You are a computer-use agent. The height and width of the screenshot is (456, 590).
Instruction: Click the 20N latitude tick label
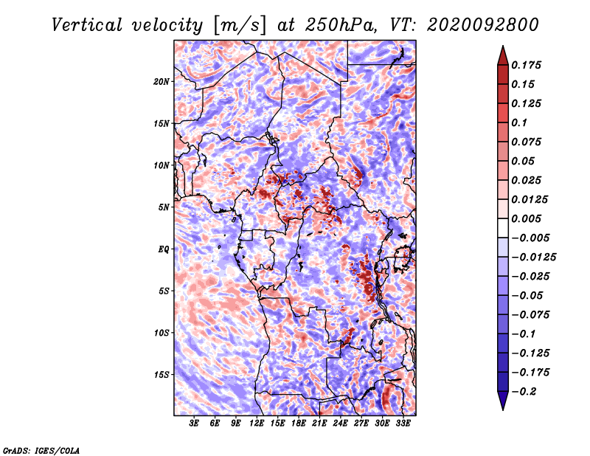click(x=162, y=82)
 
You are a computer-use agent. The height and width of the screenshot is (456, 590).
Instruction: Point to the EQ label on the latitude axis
click(x=163, y=249)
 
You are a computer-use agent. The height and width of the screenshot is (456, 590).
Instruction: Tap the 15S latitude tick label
click(x=162, y=375)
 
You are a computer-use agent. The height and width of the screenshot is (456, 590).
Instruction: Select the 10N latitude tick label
click(x=162, y=165)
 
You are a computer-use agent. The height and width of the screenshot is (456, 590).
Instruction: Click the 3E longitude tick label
click(x=194, y=424)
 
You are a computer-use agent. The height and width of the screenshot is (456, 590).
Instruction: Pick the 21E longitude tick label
click(x=319, y=424)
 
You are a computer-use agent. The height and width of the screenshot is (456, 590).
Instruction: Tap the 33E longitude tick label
click(x=403, y=424)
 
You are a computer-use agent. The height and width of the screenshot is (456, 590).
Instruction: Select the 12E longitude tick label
click(x=257, y=424)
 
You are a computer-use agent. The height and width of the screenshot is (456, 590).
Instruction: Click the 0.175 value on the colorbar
click(x=526, y=65)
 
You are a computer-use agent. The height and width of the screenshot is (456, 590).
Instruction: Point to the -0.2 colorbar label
click(x=523, y=392)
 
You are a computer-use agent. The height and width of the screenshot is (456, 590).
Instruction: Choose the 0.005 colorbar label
click(x=526, y=218)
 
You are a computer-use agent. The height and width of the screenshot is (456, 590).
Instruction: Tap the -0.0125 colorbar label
click(x=533, y=258)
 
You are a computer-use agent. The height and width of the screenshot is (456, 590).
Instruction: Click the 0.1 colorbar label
click(x=519, y=122)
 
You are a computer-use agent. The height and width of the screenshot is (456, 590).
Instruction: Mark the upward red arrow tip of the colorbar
click(x=503, y=46)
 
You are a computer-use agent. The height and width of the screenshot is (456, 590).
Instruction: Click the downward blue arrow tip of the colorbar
click(x=503, y=410)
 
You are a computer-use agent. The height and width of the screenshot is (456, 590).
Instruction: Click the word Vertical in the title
click(x=87, y=25)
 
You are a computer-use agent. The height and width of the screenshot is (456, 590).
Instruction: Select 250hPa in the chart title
click(x=340, y=25)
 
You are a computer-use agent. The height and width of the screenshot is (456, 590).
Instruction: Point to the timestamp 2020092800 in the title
click(x=483, y=25)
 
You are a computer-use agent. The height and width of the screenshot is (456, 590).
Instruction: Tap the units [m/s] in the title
click(x=239, y=26)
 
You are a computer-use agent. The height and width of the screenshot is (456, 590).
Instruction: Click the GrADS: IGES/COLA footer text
click(x=41, y=450)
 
